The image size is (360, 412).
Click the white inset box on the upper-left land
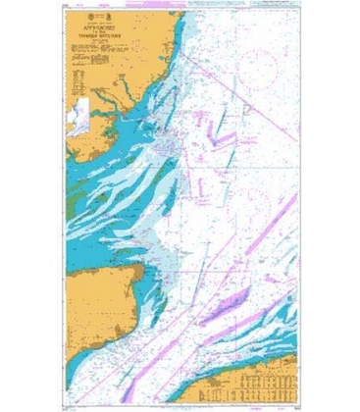78,108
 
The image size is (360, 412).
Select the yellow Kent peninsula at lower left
98,294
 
